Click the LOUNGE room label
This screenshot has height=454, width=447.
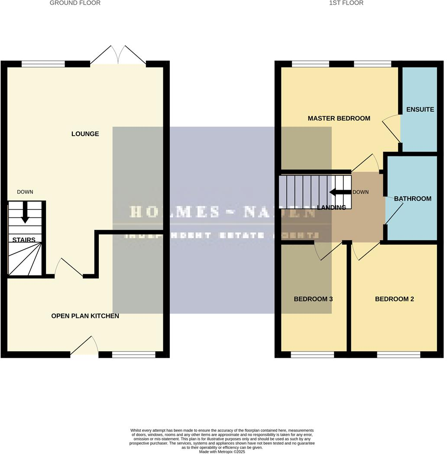85,134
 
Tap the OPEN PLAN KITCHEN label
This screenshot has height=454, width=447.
85,316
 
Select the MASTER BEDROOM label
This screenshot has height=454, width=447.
339,118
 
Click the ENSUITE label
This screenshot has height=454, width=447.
420,110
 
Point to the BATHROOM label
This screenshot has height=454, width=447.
412,199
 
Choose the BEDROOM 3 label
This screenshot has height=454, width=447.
313,299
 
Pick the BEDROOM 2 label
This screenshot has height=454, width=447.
394,299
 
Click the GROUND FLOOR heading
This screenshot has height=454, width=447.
75,3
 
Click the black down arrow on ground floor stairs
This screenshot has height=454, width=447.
25,214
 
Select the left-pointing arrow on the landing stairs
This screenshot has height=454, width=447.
340,192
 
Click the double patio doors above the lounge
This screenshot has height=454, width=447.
118,55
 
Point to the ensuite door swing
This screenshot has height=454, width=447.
391,126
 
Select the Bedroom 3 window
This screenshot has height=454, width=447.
312,355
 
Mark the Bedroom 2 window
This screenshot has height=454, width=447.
398,355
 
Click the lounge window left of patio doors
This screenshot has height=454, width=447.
43,64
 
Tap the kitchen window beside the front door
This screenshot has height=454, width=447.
133,355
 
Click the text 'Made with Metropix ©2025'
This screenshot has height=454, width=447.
222,451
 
